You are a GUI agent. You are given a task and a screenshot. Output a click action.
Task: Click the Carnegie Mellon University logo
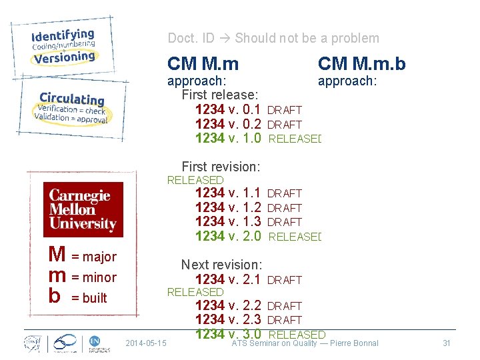[83, 209]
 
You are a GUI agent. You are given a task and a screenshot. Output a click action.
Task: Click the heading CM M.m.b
[362, 63]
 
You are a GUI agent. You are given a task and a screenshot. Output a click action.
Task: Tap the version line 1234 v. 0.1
[227, 109]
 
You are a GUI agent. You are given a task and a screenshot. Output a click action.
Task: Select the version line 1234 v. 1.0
[227, 138]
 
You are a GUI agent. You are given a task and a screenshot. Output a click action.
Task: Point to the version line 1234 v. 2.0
[227, 235]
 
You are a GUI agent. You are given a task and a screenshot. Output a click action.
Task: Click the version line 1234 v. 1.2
[227, 207]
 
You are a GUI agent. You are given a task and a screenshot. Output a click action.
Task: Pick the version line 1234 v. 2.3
[227, 319]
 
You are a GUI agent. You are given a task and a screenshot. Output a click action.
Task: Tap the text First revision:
[221, 166]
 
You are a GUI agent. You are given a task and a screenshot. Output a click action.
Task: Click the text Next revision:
[221, 265]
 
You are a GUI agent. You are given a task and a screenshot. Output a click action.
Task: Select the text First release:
[220, 95]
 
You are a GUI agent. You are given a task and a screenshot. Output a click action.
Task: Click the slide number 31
[447, 343]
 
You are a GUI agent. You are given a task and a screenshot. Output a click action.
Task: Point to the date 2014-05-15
[146, 343]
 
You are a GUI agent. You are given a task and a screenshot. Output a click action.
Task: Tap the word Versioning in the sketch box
[65, 58]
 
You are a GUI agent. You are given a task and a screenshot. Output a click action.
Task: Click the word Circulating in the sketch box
[72, 99]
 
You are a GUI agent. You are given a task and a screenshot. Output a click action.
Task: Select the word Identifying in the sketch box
[63, 35]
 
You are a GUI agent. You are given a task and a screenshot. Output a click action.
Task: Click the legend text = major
[93, 257]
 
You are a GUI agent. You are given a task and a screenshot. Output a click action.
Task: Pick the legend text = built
[89, 298]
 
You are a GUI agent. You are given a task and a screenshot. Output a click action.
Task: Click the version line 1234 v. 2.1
[227, 279]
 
